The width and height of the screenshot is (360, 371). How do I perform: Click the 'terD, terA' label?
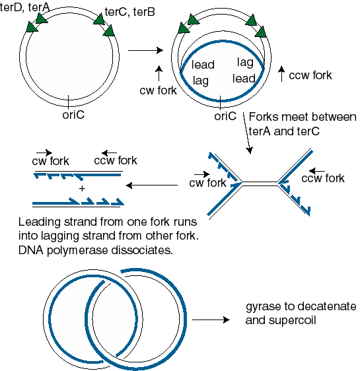[24, 7]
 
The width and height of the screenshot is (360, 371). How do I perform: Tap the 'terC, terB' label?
[129, 12]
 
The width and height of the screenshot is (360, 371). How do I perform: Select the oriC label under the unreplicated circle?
[73, 115]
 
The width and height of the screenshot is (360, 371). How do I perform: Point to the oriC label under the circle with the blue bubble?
[225, 116]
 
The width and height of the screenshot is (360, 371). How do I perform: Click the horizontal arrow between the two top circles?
[145, 50]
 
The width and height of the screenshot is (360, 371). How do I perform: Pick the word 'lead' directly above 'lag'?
[203, 65]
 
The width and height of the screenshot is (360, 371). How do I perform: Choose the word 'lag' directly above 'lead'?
[245, 63]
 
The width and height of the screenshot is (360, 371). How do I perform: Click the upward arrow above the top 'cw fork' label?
[159, 73]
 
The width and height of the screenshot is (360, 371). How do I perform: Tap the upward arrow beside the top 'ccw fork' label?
[281, 74]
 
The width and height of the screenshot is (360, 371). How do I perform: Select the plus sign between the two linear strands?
[82, 189]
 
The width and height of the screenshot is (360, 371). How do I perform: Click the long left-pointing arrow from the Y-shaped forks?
[152, 185]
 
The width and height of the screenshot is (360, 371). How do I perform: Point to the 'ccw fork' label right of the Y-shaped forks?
[323, 178]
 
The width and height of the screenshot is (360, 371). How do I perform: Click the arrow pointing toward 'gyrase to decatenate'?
[211, 320]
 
